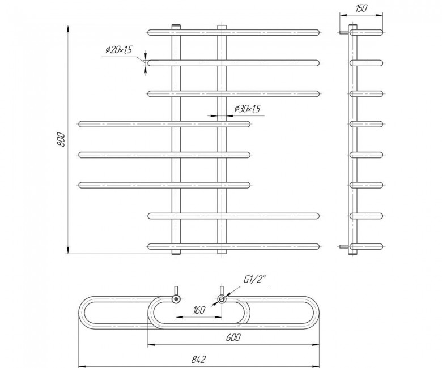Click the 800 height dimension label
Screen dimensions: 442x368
pyautogui.click(x=61, y=139)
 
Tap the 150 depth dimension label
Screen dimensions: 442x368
pyautogui.click(x=362, y=8)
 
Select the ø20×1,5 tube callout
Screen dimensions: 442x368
pyautogui.click(x=118, y=50)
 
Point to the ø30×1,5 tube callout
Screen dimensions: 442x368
pyautogui.click(x=248, y=108)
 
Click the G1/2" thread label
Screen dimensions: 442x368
pyautogui.click(x=255, y=280)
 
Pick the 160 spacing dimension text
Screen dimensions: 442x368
pyautogui.click(x=198, y=310)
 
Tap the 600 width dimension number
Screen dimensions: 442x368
pyautogui.click(x=233, y=337)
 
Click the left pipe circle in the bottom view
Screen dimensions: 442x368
pyautogui.click(x=176, y=299)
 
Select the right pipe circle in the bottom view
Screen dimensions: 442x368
pyautogui.click(x=222, y=299)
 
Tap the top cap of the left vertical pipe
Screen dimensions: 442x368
pyautogui.click(x=176, y=27)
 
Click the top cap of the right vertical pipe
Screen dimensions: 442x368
pyautogui.click(x=222, y=27)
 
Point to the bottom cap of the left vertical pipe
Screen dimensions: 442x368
pyautogui.click(x=176, y=252)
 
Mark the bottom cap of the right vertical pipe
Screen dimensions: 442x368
pyautogui.click(x=222, y=252)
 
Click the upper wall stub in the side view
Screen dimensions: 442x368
pyautogui.click(x=344, y=32)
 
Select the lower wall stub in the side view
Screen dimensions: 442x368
pyautogui.click(x=344, y=247)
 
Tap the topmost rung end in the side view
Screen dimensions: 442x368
pyautogui.click(x=380, y=32)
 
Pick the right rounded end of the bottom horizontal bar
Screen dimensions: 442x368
pyautogui.click(x=316, y=247)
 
